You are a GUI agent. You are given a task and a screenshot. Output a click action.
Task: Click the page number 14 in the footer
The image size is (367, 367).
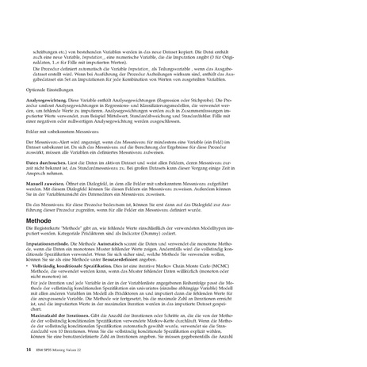(x=29, y=348)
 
